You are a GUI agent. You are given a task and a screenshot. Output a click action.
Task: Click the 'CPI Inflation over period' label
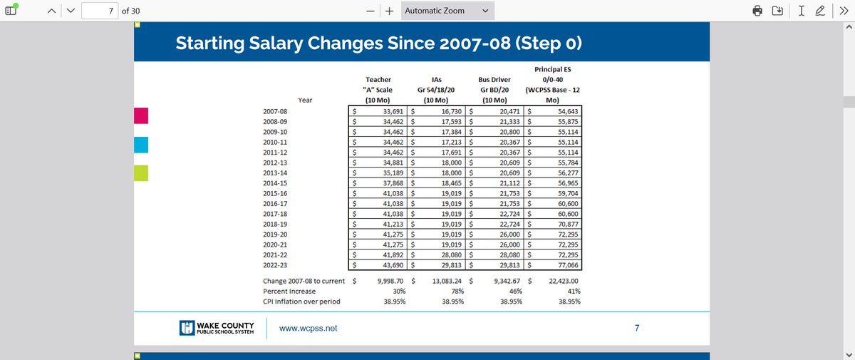301,302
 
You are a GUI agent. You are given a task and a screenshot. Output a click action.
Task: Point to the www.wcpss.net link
308,329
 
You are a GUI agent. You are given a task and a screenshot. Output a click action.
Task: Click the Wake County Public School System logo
217,328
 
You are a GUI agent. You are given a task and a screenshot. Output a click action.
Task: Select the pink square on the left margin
141,115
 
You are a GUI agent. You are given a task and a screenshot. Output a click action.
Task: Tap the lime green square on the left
141,173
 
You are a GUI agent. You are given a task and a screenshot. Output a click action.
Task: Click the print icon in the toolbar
757,11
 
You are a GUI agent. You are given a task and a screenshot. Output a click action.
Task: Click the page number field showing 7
100,11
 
